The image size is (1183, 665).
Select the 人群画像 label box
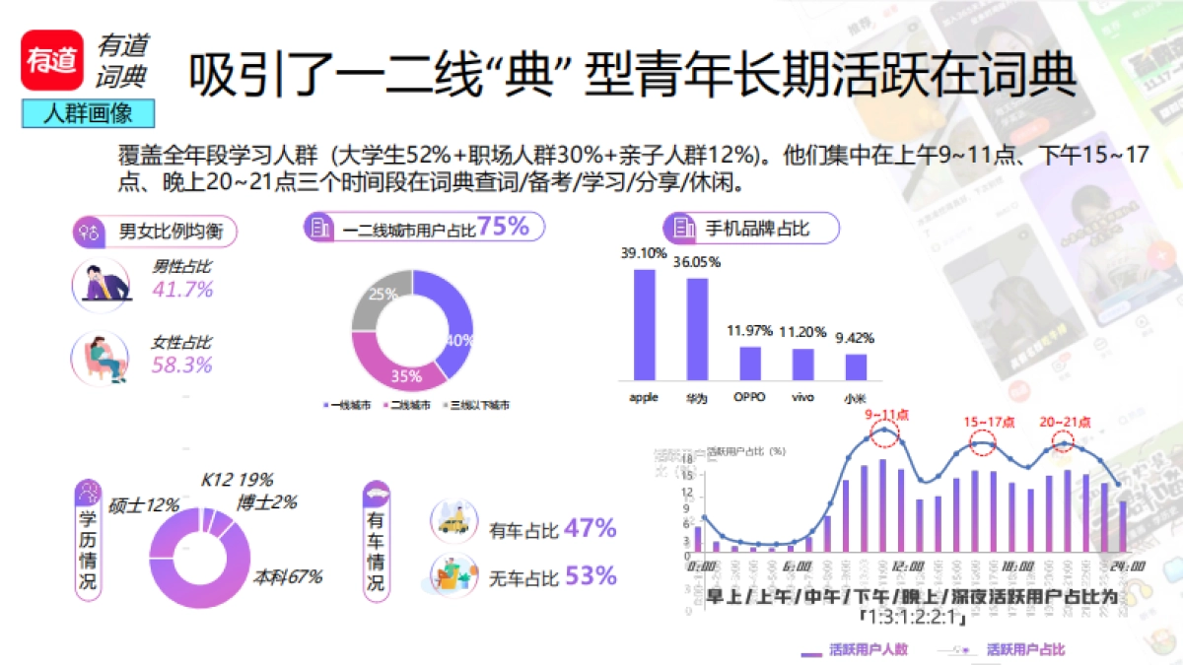[x=89, y=113]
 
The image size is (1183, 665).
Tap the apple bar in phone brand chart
[x=644, y=324]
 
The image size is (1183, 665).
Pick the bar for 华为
[x=697, y=329]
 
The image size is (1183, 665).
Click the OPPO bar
[x=750, y=363]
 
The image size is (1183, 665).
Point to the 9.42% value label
[x=855, y=338]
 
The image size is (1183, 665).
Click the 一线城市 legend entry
[x=346, y=405]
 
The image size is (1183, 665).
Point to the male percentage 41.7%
[x=182, y=290]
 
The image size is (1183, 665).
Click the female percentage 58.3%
[x=182, y=366]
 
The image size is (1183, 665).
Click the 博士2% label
[x=266, y=503]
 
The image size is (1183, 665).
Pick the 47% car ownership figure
[x=591, y=529]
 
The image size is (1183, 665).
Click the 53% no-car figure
[x=591, y=575]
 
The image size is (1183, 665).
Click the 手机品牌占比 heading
[x=756, y=229]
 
